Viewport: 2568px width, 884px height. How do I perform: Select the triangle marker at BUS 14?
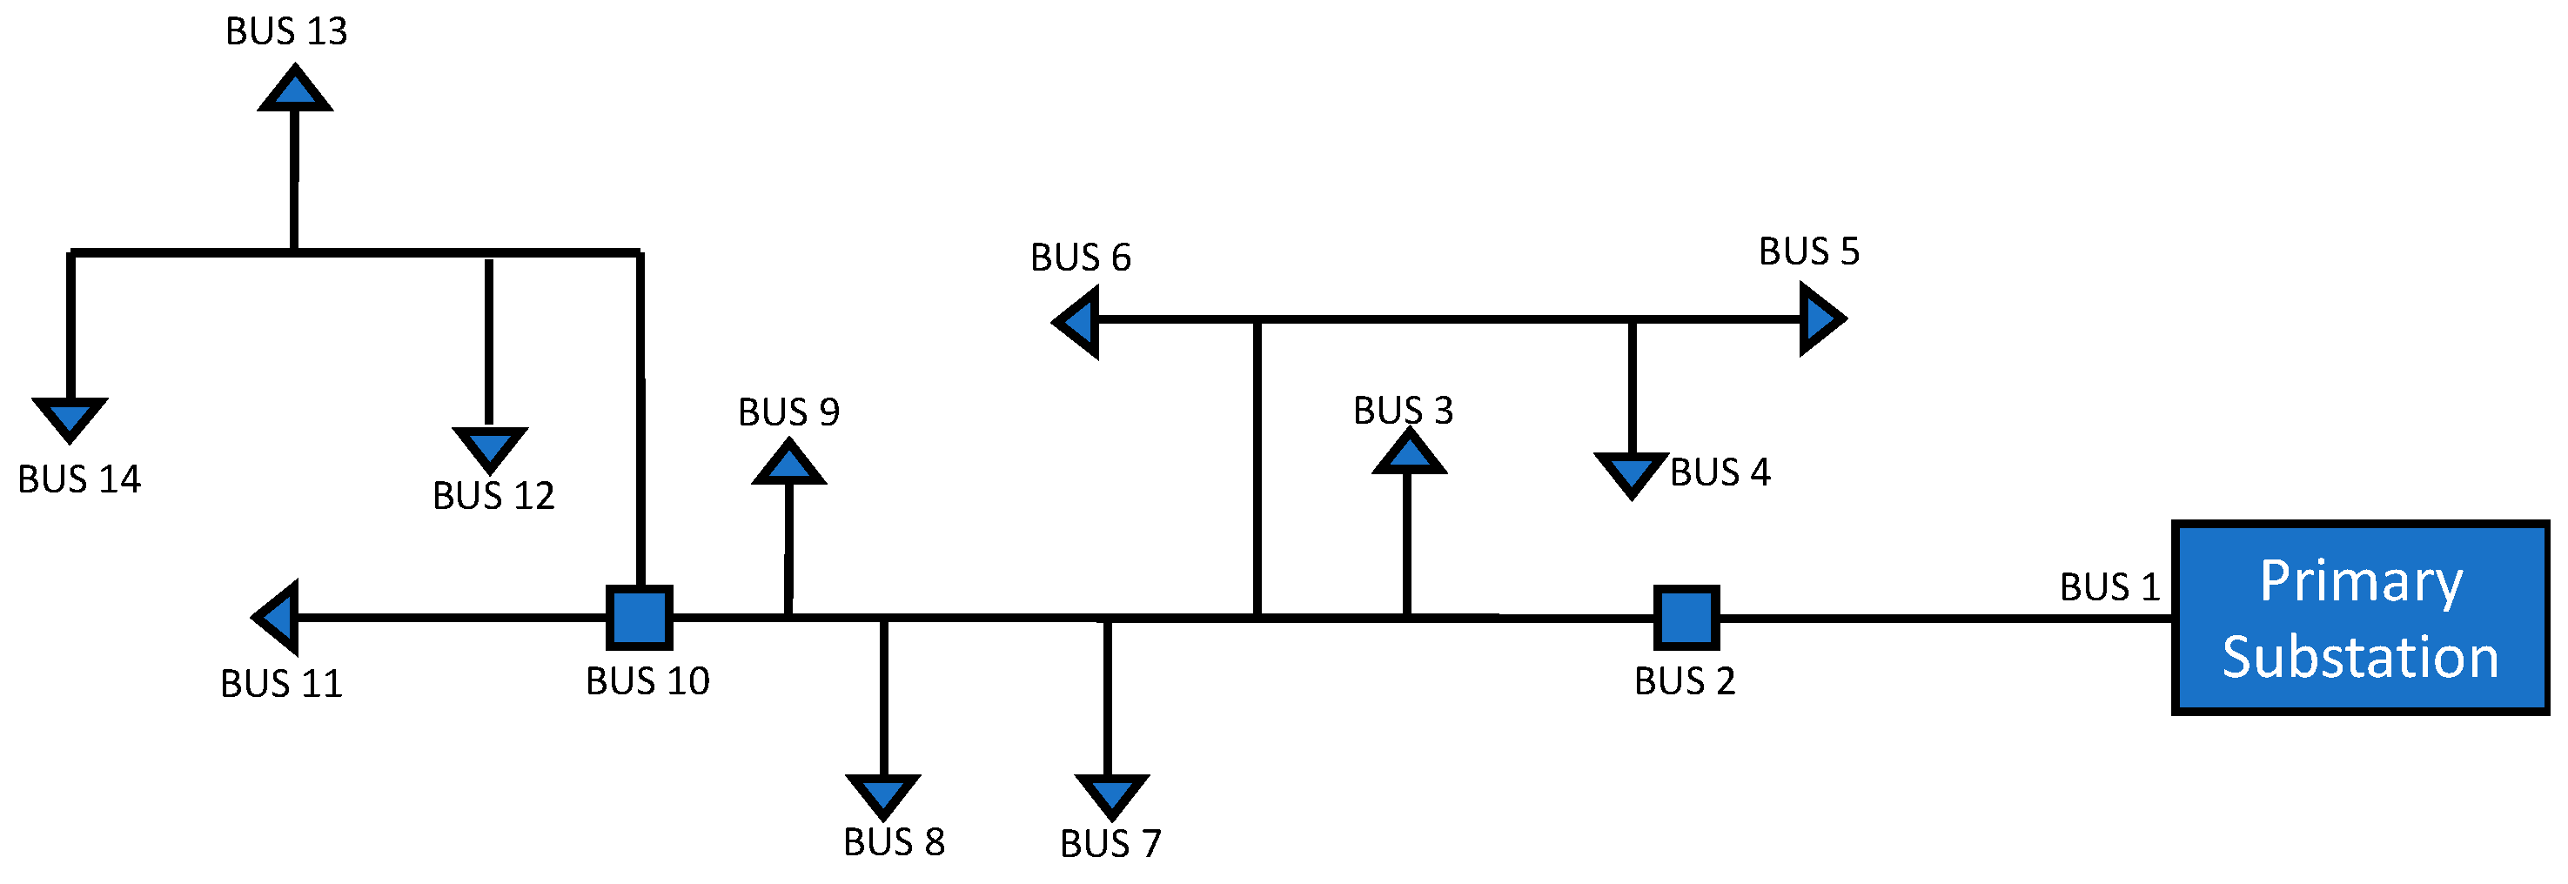click(x=70, y=416)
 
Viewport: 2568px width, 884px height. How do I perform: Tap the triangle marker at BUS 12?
click(x=489, y=445)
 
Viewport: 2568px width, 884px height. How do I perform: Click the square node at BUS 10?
click(x=640, y=617)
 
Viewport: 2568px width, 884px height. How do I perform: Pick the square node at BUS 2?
click(x=1686, y=617)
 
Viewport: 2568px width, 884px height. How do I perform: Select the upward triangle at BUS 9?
click(x=788, y=465)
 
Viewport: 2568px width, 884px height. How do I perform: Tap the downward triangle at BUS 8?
click(x=883, y=794)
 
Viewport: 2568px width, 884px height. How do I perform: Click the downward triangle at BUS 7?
click(x=1111, y=794)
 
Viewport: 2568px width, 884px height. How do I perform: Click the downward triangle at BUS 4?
click(x=1631, y=472)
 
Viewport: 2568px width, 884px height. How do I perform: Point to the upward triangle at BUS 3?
click(x=1408, y=454)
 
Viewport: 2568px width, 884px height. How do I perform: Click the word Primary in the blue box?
click(x=2361, y=582)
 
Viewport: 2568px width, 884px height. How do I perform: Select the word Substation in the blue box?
click(x=2361, y=658)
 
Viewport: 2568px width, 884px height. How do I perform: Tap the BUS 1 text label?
click(x=2109, y=587)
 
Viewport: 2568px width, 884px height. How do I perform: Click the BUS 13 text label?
click(x=286, y=32)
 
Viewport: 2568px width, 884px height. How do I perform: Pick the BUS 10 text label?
click(x=647, y=681)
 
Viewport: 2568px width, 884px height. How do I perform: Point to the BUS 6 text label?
click(x=1081, y=258)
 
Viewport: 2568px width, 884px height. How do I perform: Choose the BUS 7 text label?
click(x=1110, y=844)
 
